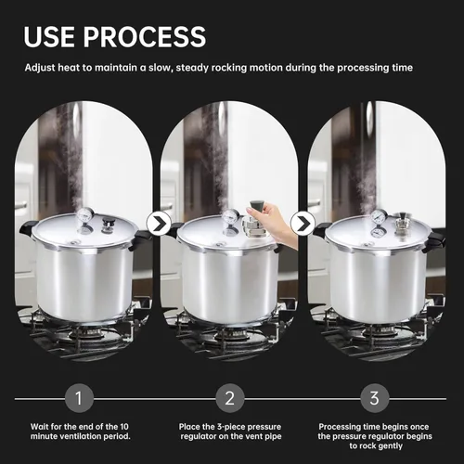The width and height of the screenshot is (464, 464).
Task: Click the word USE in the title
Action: tap(49, 36)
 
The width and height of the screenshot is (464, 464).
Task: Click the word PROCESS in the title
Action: tap(145, 36)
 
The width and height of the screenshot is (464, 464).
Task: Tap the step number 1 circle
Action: tap(79, 398)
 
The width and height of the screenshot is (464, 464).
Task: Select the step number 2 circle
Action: tap(230, 398)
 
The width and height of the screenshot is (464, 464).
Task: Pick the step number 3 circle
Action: tap(374, 398)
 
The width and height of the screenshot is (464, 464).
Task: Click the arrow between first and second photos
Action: tap(159, 224)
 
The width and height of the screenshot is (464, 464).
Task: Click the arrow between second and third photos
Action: tap(303, 224)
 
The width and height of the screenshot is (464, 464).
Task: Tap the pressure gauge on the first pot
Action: tap(85, 214)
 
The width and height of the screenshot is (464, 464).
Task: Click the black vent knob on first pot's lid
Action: tap(109, 223)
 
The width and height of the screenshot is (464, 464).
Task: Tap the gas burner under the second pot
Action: tap(231, 333)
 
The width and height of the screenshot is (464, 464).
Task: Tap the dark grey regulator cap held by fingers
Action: tap(256, 205)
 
